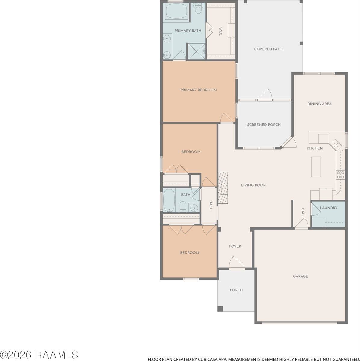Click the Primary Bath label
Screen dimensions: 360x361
pyautogui.click(x=188, y=31)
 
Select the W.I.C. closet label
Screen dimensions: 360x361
pyautogui.click(x=220, y=32)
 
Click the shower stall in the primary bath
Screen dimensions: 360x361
pyautogui.click(x=196, y=51)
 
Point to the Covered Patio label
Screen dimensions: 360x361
pyautogui.click(x=269, y=49)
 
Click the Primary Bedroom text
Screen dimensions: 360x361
pyautogui.click(x=198, y=90)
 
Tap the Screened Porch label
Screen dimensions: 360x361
pyautogui.click(x=264, y=125)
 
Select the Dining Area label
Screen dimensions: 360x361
pyautogui.click(x=319, y=104)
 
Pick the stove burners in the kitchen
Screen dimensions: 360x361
pyautogui.click(x=340, y=175)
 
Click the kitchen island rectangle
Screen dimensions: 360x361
pyautogui.click(x=316, y=167)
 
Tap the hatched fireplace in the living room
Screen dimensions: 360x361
pyautogui.click(x=223, y=188)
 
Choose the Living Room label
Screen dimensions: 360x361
pyautogui.click(x=254, y=185)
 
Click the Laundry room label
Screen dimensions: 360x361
pyautogui.click(x=328, y=208)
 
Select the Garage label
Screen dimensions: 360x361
pyautogui.click(x=300, y=276)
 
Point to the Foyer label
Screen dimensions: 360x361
pyautogui.click(x=235, y=246)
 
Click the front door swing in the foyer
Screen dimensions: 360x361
pyautogui.click(x=237, y=263)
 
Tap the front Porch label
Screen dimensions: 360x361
pyautogui.click(x=236, y=290)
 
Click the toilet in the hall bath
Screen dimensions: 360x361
pyautogui.click(x=183, y=207)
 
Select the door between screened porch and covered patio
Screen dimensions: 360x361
pyautogui.click(x=264, y=95)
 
